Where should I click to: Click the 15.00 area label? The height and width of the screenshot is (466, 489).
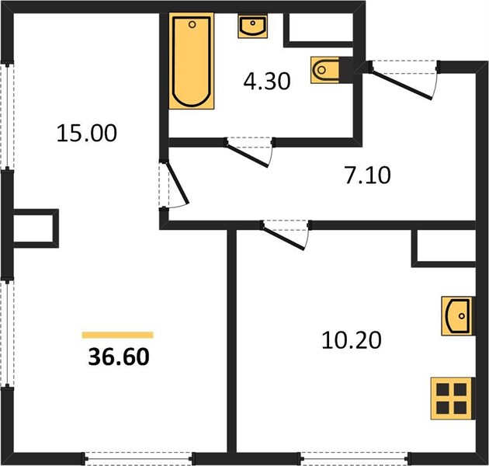coord(87,134)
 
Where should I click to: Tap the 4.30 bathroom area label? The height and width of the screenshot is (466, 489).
coord(267,81)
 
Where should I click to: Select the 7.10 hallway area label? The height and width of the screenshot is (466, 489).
coord(368,175)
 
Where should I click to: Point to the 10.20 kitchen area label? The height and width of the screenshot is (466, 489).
coord(352,340)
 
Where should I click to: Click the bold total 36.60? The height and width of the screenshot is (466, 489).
coord(119,356)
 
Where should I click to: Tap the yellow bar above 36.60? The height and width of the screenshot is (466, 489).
coord(117,335)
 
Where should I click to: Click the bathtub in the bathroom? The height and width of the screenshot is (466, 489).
coord(192,61)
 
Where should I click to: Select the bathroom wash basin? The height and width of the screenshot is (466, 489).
coord(252,26)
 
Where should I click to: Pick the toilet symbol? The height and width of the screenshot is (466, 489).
coord(325,70)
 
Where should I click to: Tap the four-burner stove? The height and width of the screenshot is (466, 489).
coord(451,398)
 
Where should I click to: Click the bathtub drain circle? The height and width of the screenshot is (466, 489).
coord(192,24)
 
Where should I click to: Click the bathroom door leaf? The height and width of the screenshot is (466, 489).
coord(247,155)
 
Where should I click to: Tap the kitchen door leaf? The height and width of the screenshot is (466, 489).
coord(283,238)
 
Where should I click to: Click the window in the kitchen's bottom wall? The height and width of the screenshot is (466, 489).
coord(354,459)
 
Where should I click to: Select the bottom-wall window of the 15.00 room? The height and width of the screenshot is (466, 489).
coord(139,459)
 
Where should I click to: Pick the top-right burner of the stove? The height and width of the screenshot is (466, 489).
coord(460,390)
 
